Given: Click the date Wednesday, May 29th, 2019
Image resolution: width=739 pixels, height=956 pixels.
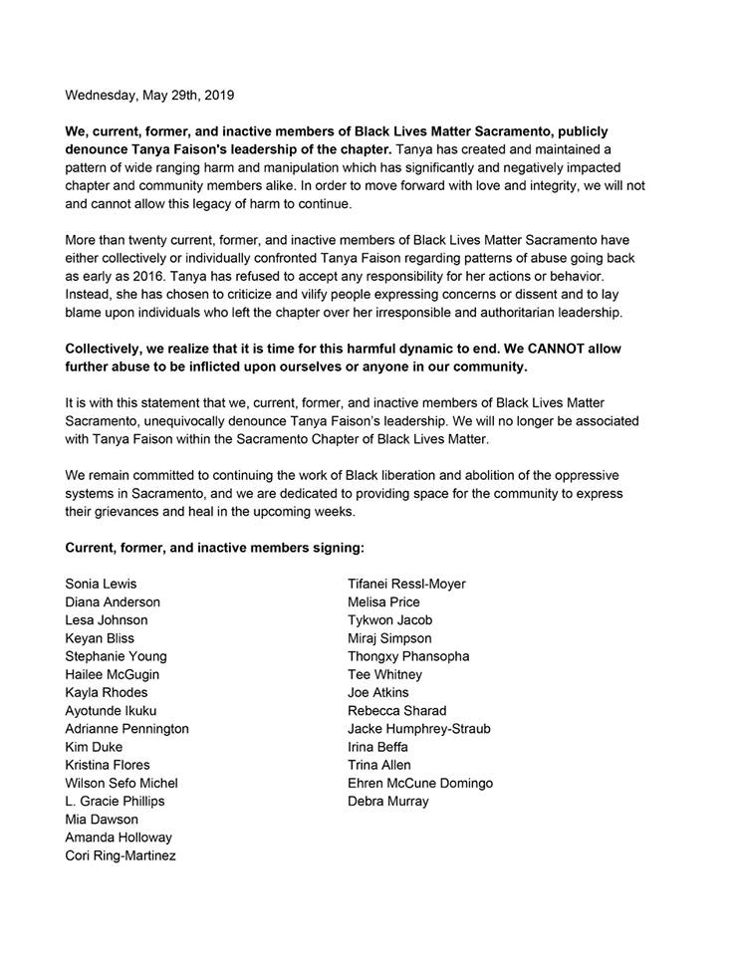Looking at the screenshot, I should tap(149, 97).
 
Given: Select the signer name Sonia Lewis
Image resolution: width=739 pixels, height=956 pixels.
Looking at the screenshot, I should tap(101, 584).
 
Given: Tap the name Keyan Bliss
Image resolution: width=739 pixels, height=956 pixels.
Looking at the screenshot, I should tap(100, 638).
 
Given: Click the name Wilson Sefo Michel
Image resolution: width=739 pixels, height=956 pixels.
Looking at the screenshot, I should tap(123, 784).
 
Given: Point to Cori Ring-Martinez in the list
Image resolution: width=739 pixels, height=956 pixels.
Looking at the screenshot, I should tap(121, 855).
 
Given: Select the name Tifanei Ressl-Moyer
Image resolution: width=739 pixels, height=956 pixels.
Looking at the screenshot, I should tap(406, 584).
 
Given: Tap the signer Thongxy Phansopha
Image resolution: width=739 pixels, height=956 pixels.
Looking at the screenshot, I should tap(408, 656).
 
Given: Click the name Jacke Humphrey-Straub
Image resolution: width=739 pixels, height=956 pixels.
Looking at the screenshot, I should tap(418, 729).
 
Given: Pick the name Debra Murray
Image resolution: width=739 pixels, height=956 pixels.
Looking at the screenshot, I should tap(388, 802).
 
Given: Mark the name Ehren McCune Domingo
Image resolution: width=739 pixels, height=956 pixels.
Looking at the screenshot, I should tap(420, 784).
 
